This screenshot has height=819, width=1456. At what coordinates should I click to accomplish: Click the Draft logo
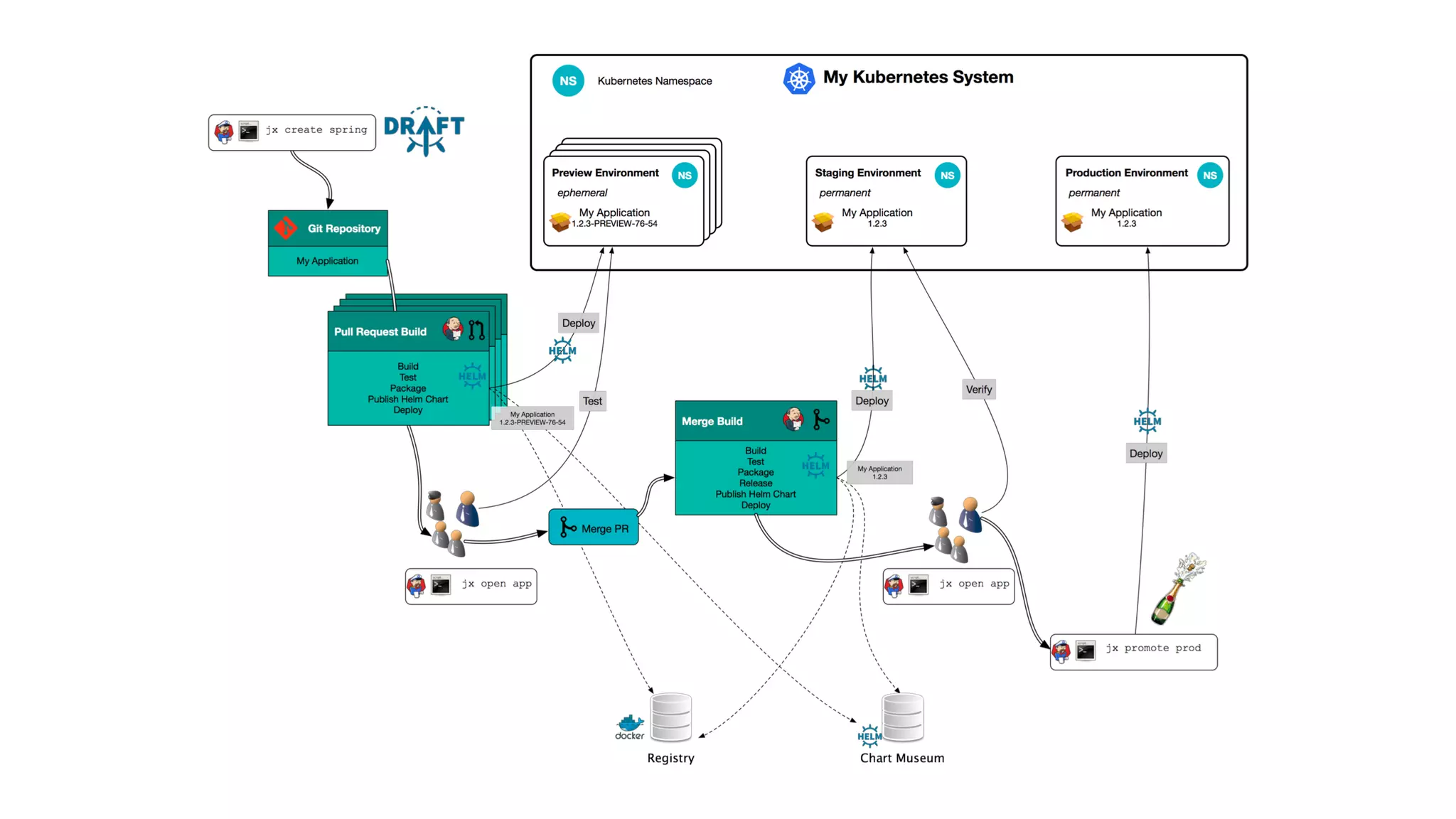[424, 130]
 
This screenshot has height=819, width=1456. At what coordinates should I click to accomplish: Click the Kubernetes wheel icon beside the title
[798, 79]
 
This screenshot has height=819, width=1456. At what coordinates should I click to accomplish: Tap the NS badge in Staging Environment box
[947, 176]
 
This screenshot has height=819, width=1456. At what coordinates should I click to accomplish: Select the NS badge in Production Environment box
[1209, 176]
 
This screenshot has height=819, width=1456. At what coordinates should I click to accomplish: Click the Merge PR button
[594, 528]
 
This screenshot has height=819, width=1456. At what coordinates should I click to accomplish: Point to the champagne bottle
[1176, 590]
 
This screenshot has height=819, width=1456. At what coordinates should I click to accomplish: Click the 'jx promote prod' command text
[1152, 648]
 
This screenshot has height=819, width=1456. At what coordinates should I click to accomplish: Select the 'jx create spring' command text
[316, 130]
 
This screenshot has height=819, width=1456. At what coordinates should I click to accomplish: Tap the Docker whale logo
[630, 725]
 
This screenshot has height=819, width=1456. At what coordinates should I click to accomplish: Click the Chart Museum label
[901, 758]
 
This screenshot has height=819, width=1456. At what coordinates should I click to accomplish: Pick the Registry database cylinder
[671, 717]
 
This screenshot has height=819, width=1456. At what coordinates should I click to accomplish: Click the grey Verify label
[978, 390]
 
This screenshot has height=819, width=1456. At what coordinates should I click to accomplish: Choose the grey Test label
[592, 401]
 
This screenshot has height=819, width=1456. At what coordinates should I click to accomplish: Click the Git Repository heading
[344, 228]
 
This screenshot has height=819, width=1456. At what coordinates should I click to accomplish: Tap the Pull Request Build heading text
[380, 332]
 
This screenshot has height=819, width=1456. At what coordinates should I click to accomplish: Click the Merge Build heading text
[712, 422]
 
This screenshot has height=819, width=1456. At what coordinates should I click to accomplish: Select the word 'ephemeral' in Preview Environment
[582, 193]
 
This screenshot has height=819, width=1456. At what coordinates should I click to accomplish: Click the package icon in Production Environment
[1072, 221]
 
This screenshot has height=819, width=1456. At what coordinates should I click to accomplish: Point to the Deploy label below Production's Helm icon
[1146, 454]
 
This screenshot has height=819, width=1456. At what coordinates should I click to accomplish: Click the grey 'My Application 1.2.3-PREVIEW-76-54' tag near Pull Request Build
[532, 418]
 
